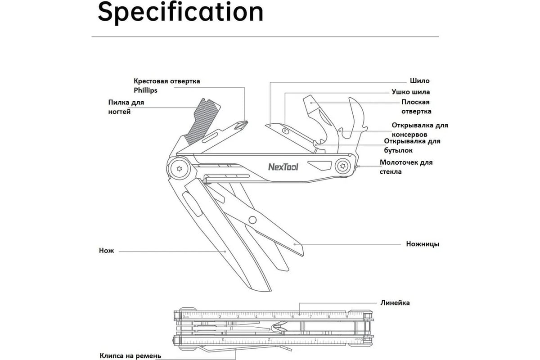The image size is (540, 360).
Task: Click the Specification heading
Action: click(180, 12)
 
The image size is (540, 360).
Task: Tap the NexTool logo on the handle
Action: click(283, 166)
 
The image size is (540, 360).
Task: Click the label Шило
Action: click(419, 81)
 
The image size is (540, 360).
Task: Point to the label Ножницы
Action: click(423, 244)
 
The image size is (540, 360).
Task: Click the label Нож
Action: click(107, 251)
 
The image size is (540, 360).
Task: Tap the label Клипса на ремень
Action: click(130, 355)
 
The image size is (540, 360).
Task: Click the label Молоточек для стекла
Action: click(406, 167)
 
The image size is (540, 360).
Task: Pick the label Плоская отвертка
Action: click(416, 107)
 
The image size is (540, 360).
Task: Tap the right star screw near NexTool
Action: click(343, 166)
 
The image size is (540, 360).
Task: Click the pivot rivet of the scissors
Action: click(252, 220)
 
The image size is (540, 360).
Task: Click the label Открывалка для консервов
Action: click(419, 130)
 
